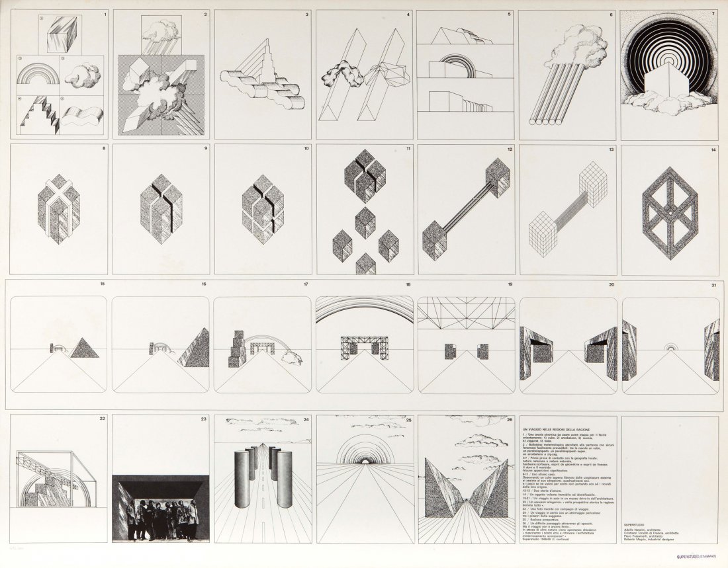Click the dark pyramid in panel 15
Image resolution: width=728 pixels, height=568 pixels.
tap(84, 347)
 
